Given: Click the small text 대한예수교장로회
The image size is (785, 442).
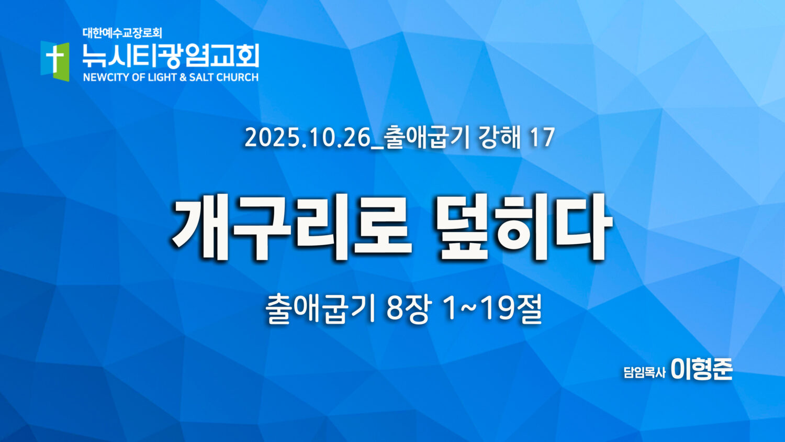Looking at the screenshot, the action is pyautogui.click(x=122, y=34).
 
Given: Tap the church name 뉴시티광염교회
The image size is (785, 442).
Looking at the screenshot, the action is pyautogui.click(x=171, y=56).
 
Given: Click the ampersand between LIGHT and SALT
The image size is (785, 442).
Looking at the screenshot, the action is pyautogui.click(x=183, y=77).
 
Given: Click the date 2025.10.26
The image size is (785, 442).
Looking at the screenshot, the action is pyautogui.click(x=307, y=138).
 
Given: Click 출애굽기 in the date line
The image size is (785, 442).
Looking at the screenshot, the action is pyautogui.click(x=427, y=138).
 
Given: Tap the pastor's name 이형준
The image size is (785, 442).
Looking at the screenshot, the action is pyautogui.click(x=702, y=369).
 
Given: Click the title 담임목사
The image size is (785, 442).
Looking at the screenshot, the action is pyautogui.click(x=644, y=372).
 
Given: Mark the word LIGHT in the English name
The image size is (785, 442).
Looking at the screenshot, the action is pyautogui.click(x=162, y=77).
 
